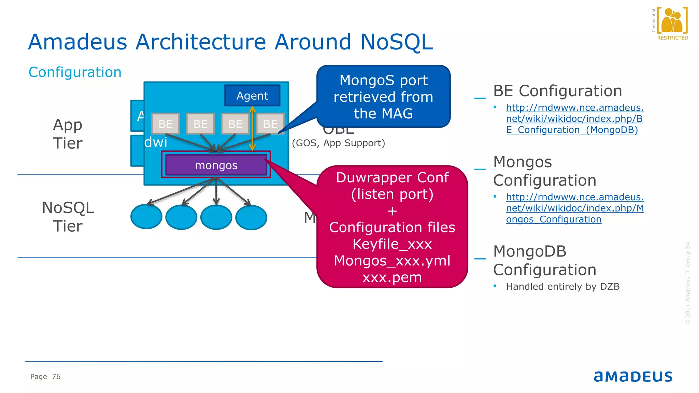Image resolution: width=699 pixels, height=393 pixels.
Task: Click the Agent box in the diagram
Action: point(252,96)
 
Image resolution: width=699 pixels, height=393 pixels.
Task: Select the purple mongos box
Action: point(216,165)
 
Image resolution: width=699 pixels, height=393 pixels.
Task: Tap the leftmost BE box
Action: point(166,124)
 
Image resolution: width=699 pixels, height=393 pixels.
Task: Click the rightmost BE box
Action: point(270,124)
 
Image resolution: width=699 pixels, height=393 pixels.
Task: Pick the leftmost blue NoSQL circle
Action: point(146,217)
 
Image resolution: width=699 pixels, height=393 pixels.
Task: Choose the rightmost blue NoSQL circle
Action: point(251,217)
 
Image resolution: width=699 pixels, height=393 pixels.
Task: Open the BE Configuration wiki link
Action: point(574,119)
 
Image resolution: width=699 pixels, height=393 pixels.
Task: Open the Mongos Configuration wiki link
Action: point(574,208)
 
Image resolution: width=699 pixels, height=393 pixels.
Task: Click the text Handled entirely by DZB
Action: point(562,287)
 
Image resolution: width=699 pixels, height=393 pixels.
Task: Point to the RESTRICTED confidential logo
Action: point(672,24)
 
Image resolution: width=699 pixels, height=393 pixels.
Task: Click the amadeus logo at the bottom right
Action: point(633,376)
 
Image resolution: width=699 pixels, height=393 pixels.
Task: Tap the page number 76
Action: point(56,377)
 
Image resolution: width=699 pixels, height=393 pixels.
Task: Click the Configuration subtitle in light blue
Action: point(75,72)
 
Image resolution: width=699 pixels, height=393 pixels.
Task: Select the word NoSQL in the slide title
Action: point(396,42)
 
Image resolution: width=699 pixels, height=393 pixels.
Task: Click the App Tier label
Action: point(68,134)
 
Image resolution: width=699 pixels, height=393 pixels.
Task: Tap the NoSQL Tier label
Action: point(68,217)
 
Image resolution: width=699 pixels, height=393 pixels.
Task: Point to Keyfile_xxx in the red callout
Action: point(392,244)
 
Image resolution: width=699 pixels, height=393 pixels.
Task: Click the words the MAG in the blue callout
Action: point(383,114)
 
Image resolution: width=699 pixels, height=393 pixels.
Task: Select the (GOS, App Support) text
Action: point(338,143)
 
